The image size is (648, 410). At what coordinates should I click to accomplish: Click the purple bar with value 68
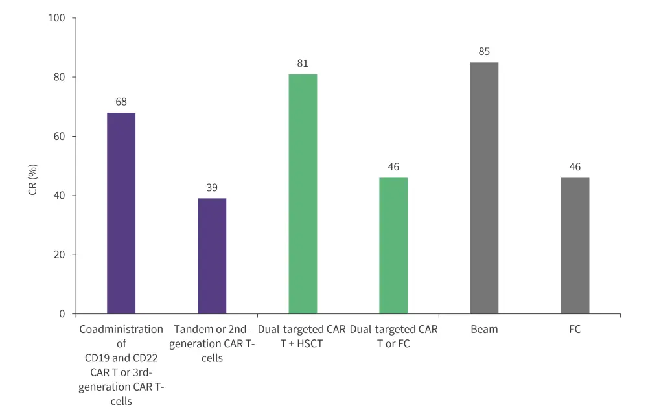click(121, 213)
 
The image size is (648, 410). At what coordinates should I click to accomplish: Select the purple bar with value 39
click(212, 256)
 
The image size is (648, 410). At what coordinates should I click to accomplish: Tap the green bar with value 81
click(303, 194)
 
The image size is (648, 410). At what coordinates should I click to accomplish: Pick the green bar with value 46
click(393, 245)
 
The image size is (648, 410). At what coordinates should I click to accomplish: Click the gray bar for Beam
click(484, 188)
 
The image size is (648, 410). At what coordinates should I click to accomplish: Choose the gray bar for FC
click(575, 245)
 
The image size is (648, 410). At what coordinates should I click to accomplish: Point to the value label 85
click(484, 52)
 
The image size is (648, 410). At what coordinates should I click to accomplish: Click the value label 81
click(303, 63)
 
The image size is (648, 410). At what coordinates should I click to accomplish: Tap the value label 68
click(121, 102)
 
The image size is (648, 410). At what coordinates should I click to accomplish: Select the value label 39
click(212, 188)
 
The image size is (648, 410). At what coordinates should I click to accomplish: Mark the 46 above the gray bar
click(575, 166)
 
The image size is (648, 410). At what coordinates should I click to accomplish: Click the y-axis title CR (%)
click(32, 166)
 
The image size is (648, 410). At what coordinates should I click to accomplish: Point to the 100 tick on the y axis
click(57, 17)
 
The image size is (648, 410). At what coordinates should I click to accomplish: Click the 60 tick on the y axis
click(60, 136)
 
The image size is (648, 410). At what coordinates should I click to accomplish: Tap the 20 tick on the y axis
click(60, 255)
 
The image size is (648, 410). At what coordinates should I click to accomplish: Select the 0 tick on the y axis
click(62, 314)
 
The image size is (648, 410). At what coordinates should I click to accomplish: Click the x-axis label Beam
click(484, 330)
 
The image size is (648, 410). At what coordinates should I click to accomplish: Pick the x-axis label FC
click(575, 330)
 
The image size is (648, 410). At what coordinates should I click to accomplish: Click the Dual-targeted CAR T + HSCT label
click(302, 336)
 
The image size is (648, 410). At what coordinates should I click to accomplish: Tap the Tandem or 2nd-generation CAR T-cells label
click(212, 343)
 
